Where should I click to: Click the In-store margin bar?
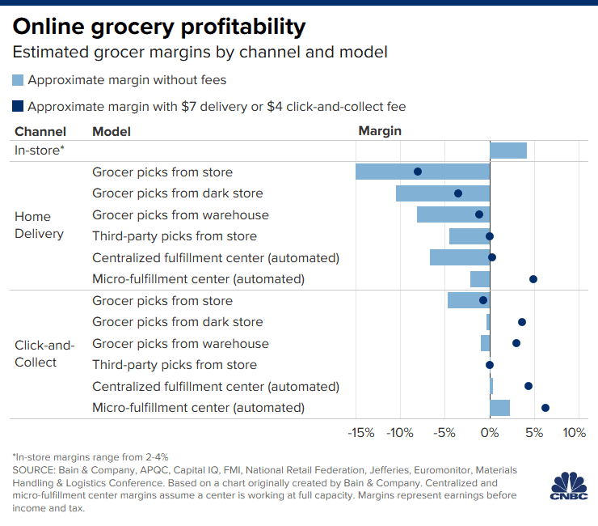click(507, 151)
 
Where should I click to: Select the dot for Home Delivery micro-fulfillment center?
click(533, 279)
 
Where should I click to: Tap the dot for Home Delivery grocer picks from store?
click(418, 172)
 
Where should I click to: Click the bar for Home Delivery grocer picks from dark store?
click(442, 193)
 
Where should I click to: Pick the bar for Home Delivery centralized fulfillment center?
click(459, 257)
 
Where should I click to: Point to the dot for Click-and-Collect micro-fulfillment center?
click(545, 408)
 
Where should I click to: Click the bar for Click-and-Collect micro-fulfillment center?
click(499, 408)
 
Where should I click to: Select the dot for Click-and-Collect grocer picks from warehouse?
click(516, 343)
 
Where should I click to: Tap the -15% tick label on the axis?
click(360, 433)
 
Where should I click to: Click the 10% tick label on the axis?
click(574, 433)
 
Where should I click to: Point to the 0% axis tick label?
click(490, 433)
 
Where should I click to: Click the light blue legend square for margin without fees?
click(19, 80)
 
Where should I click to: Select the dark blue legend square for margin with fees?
click(19, 106)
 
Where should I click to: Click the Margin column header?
click(380, 131)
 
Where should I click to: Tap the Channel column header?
click(40, 131)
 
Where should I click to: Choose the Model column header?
click(112, 131)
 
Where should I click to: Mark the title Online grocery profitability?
click(159, 27)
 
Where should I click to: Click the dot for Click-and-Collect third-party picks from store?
click(489, 365)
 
